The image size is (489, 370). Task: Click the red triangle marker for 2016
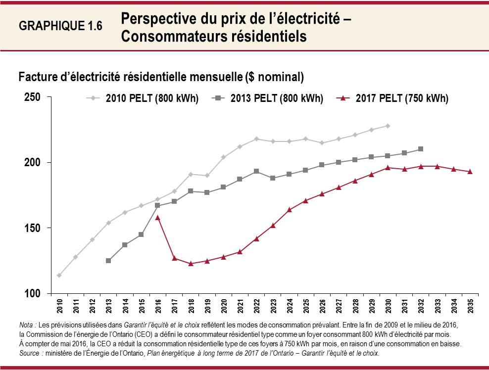pyautogui.click(x=158, y=217)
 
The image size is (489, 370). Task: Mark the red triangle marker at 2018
pyautogui.click(x=191, y=263)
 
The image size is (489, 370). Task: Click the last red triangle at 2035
pyautogui.click(x=470, y=172)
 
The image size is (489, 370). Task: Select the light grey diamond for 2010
pyautogui.click(x=59, y=275)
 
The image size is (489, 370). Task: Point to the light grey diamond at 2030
pyautogui.click(x=388, y=126)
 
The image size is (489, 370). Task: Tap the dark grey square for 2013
pyautogui.click(x=108, y=261)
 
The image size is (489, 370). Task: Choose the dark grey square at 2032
pyautogui.click(x=421, y=149)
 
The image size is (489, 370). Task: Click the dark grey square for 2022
pyautogui.click(x=256, y=171)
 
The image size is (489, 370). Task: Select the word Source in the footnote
pyautogui.click(x=30, y=354)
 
